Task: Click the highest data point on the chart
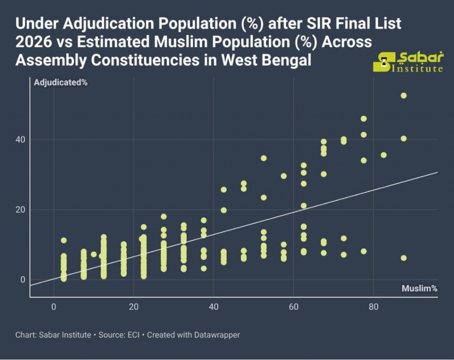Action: click(x=403, y=95)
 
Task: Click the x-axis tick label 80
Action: click(x=373, y=306)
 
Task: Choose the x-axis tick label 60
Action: click(x=294, y=306)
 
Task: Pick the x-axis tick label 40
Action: click(x=214, y=306)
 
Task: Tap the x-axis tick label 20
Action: click(x=133, y=306)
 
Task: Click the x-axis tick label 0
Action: click(x=54, y=306)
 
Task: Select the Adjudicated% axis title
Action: click(x=60, y=82)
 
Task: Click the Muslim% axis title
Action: click(x=419, y=288)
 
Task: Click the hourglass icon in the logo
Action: click(x=384, y=62)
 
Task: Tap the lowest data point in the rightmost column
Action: click(x=403, y=258)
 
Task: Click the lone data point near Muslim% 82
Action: click(x=384, y=155)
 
